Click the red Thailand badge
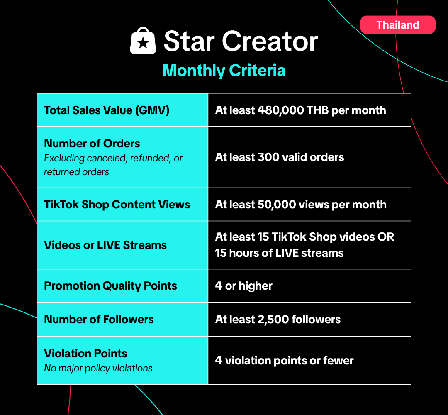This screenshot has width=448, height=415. [x=398, y=25]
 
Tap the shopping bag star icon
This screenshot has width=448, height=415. [x=143, y=40]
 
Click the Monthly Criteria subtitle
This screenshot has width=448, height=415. [x=224, y=70]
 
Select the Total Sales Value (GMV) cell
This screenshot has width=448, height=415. [x=122, y=110]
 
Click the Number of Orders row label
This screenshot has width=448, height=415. [x=92, y=144]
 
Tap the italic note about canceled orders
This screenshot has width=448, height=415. [x=113, y=165]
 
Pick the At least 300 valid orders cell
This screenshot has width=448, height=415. [x=309, y=157]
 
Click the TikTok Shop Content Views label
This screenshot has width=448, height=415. [x=117, y=205]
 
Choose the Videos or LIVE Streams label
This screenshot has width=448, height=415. [x=105, y=245]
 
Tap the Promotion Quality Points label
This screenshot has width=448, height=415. [x=111, y=286]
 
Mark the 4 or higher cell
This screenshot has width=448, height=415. [x=309, y=286]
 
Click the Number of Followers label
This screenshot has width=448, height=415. [x=99, y=320]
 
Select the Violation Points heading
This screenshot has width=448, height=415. [x=85, y=354]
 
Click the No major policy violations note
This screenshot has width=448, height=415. [x=98, y=369]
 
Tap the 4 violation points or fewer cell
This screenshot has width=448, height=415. [x=309, y=360]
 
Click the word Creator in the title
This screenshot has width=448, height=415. [x=270, y=41]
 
